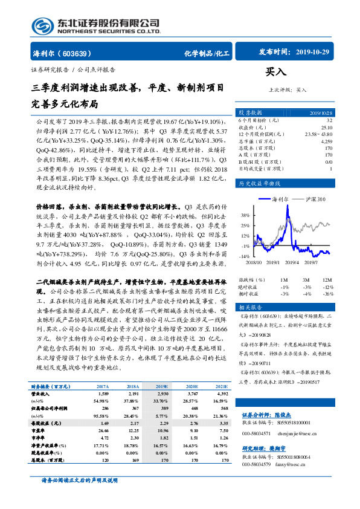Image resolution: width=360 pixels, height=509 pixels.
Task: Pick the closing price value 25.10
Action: tap(327, 128)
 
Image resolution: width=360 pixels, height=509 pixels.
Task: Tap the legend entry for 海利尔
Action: tap(280, 199)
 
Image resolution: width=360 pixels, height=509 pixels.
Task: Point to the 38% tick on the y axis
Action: tap(244, 215)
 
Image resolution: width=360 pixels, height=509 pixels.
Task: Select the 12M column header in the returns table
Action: tap(327, 280)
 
